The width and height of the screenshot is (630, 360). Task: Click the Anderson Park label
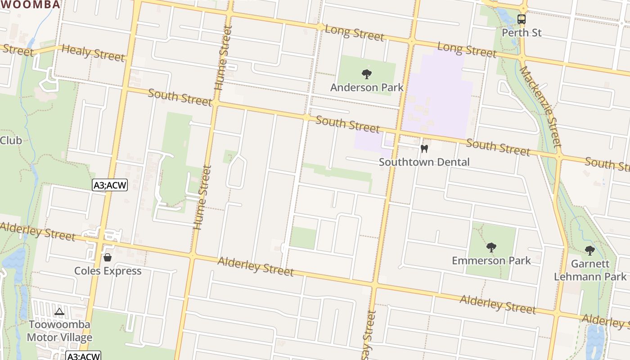click(x=367, y=87)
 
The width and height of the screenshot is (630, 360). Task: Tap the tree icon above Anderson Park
click(x=367, y=74)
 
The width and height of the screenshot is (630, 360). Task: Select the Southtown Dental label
click(x=424, y=162)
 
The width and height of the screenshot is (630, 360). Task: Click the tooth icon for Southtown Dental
click(x=424, y=149)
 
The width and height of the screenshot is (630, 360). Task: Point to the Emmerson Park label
click(x=491, y=261)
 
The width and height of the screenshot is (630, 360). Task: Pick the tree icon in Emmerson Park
click(x=491, y=247)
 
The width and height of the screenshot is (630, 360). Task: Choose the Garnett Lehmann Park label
click(x=590, y=270)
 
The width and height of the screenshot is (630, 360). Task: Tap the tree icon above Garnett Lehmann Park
click(x=589, y=251)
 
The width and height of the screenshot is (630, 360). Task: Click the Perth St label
click(x=522, y=33)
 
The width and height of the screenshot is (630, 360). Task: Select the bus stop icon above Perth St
click(x=522, y=20)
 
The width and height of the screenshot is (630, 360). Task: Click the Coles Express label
click(x=108, y=271)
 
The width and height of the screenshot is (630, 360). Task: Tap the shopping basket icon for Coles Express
click(x=108, y=257)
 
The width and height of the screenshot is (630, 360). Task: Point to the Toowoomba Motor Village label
click(x=59, y=331)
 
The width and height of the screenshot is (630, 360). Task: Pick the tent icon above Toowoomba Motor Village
click(x=59, y=311)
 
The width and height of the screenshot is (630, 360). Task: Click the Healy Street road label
click(x=93, y=53)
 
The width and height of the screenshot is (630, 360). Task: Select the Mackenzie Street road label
click(x=540, y=107)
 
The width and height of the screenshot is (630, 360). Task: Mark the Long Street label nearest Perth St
click(x=467, y=50)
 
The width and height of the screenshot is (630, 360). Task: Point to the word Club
click(x=11, y=140)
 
